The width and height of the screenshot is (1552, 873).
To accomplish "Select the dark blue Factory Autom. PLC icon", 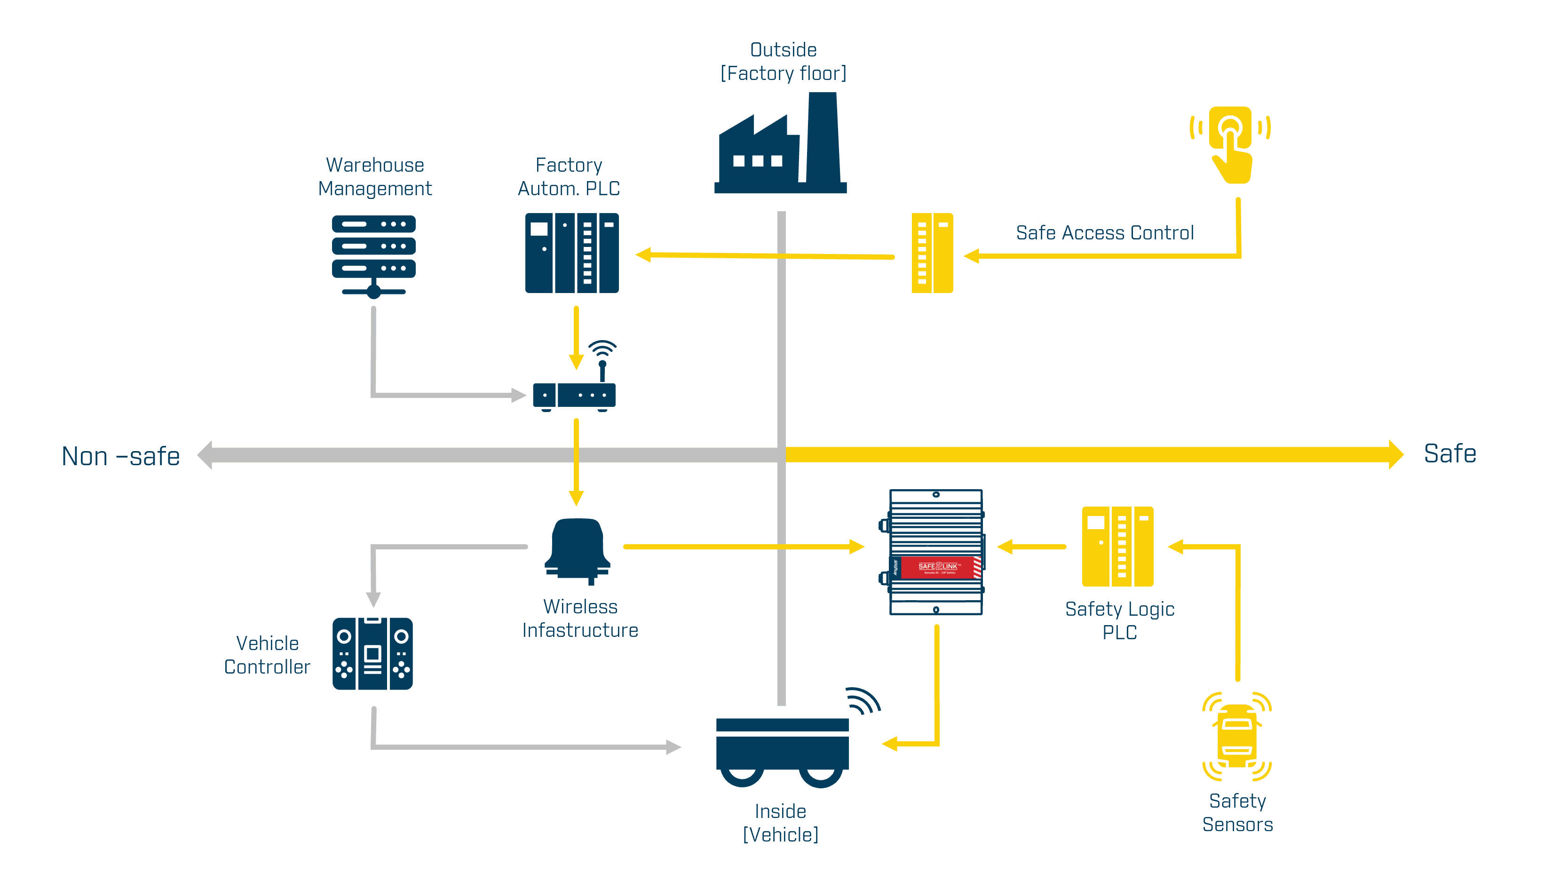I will pyautogui.click(x=572, y=253).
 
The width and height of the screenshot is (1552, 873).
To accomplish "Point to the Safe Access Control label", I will pyautogui.click(x=1104, y=232).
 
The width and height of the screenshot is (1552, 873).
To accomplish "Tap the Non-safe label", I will pyautogui.click(x=120, y=456).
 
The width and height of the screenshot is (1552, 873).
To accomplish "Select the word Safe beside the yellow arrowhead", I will pyautogui.click(x=1449, y=454).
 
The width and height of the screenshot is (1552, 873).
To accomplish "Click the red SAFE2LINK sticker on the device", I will pyautogui.click(x=936, y=566).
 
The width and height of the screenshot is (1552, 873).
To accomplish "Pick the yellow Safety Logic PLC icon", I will pyautogui.click(x=1117, y=547).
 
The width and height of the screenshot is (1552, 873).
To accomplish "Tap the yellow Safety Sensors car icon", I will pyautogui.click(x=1236, y=736).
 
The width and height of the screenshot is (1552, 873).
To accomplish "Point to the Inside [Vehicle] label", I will pyautogui.click(x=780, y=822).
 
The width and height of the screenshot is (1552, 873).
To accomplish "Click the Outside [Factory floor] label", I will pyautogui.click(x=783, y=62).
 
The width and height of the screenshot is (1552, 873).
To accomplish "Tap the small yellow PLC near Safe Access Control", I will pyautogui.click(x=932, y=253).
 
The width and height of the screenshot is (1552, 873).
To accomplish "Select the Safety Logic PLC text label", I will pyautogui.click(x=1119, y=620).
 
